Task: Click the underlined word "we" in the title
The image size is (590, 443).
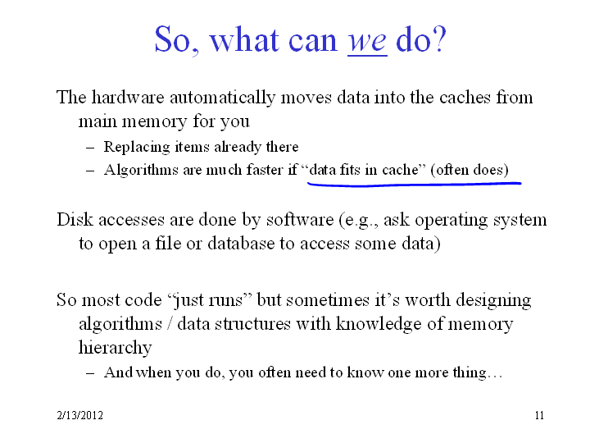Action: pyautogui.click(x=367, y=42)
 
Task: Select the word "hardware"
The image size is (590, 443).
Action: pyautogui.click(x=128, y=97)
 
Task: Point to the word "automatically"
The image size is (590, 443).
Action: pyautogui.click(x=222, y=98)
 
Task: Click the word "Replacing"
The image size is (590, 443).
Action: pyautogui.click(x=137, y=147)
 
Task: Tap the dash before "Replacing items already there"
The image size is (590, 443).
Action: pyautogui.click(x=90, y=148)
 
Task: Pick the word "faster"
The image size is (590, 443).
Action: pyautogui.click(x=265, y=170)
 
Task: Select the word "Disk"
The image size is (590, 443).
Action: pyautogui.click(x=75, y=220)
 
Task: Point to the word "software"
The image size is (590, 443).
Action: pyautogui.click(x=300, y=220)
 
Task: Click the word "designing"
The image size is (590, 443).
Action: pyautogui.click(x=493, y=301)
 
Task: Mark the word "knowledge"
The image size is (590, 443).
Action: pyautogui.click(x=378, y=325)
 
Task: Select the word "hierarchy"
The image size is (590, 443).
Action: pyautogui.click(x=116, y=348)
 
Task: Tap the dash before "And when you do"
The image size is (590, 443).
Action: pyautogui.click(x=90, y=373)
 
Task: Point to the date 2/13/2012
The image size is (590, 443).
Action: pyautogui.click(x=79, y=415)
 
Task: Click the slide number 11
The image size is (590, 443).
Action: pyautogui.click(x=539, y=415)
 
